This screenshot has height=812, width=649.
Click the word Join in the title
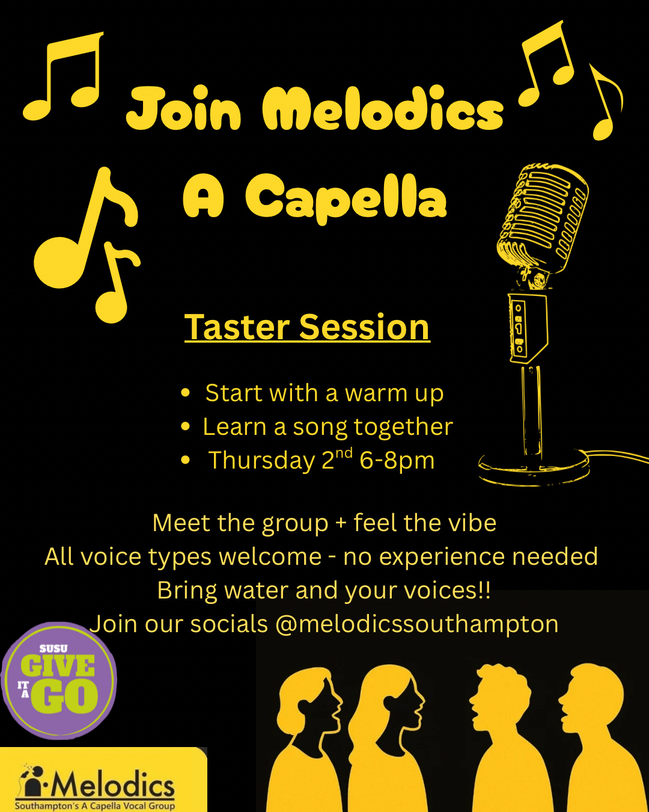point(184,109)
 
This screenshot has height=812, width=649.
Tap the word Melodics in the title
point(383,108)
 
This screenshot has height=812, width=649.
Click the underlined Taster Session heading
point(307,328)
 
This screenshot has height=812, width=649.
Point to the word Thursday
point(262,461)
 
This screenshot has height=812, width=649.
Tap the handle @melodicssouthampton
point(417,624)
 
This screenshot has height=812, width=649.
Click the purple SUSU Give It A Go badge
point(59,680)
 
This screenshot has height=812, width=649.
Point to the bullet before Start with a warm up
point(185,392)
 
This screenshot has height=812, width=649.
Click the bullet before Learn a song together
point(185,426)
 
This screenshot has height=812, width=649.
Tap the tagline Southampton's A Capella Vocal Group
point(95,806)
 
